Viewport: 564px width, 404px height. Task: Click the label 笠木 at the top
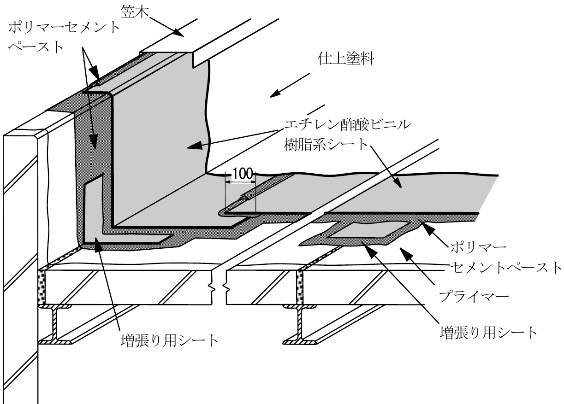[135, 12]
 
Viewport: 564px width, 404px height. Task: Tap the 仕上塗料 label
[346, 59]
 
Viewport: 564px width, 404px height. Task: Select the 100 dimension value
[242, 174]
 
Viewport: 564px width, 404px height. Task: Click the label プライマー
[474, 297]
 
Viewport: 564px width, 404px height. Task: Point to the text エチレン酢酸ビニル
[347, 125]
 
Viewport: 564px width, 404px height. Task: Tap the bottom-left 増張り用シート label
[169, 340]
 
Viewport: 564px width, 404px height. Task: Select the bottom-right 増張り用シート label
[488, 333]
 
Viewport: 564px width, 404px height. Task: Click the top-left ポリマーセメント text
[64, 28]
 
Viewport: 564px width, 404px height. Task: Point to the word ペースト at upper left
[36, 47]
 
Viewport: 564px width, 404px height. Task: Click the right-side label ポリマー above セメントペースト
[478, 247]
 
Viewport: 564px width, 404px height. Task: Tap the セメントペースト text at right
[505, 268]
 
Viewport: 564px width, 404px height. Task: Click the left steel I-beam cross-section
[55, 324]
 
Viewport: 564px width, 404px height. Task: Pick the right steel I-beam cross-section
[300, 324]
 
